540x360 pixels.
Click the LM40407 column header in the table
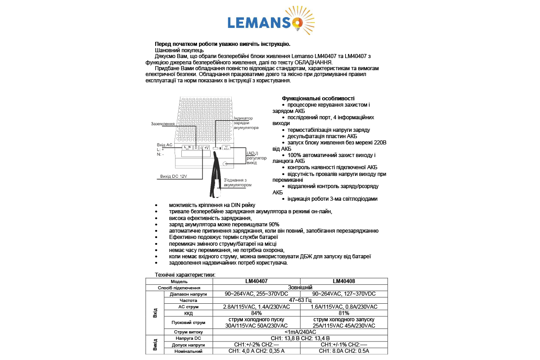point(256,281)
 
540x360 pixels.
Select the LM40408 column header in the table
point(344,281)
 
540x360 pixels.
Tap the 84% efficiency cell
point(256,313)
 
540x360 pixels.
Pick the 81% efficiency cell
point(344,313)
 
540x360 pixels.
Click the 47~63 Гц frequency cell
point(300,300)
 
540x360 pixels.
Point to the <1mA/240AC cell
point(300,332)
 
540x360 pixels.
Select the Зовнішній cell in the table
point(300,288)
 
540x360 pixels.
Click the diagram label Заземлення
point(163,124)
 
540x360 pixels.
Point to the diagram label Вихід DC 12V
point(173,176)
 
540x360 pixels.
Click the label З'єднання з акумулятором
point(237,183)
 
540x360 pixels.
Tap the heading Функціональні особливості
point(318,99)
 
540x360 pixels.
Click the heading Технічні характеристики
point(185,274)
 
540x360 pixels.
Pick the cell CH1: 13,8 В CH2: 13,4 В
point(300,338)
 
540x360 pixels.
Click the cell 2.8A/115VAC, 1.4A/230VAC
point(256,307)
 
